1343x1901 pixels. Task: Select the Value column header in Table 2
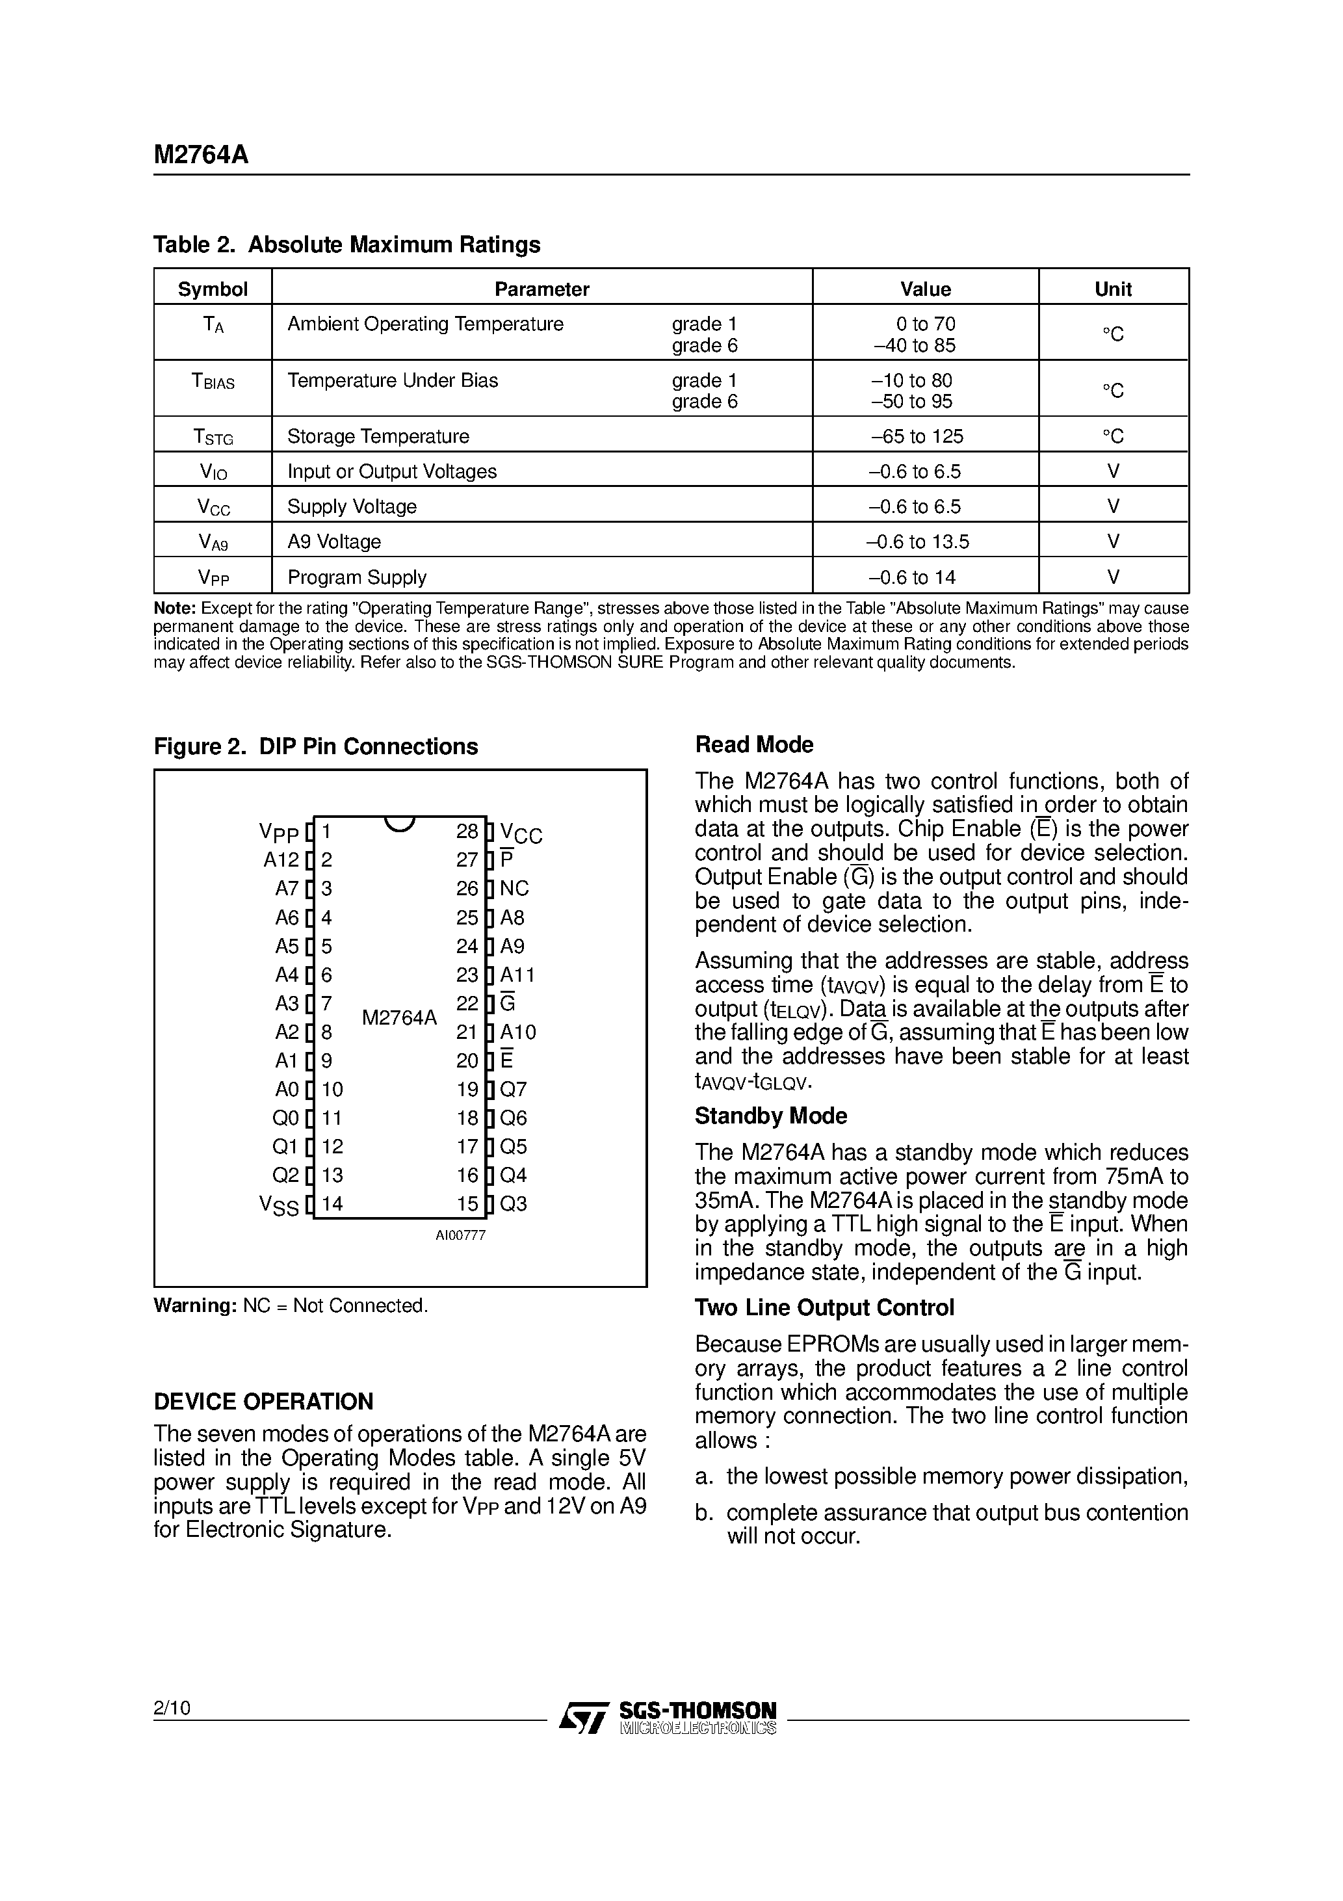pos(925,289)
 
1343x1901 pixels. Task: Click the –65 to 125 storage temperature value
pos(917,436)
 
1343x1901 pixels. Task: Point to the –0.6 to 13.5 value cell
pos(917,542)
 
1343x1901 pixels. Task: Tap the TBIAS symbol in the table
pos(213,382)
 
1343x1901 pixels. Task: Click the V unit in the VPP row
pos(1113,577)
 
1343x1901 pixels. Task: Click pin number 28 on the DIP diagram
pos(467,832)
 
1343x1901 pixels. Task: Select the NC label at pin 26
pos(514,888)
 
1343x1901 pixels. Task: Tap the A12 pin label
pos(281,860)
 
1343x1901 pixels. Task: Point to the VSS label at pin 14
pos(278,1205)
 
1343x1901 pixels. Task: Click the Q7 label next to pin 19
pos(514,1090)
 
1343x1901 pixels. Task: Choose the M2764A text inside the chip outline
pos(399,1017)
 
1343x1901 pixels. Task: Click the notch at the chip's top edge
pos(400,823)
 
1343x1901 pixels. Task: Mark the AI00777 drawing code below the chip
pos(460,1235)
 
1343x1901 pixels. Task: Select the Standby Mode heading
pos(770,1116)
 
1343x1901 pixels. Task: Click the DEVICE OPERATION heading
pos(263,1402)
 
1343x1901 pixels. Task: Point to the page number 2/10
pos(172,1707)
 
